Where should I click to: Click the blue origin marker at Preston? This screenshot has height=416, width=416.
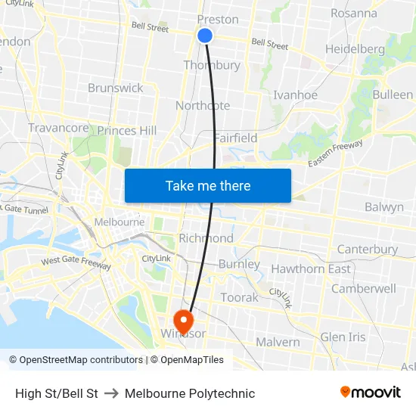205,36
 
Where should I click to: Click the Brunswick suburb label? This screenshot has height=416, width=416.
115,88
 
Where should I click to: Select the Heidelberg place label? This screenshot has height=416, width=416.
355,49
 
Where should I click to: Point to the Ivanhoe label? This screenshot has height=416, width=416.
295,95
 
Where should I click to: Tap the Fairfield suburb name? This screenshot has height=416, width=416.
235,138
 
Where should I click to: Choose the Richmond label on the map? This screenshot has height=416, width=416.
206,238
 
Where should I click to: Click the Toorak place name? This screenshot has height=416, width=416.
239,297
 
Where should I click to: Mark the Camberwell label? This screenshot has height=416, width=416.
364,288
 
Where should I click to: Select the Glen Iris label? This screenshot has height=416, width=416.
343,337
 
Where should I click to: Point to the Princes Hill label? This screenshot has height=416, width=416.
127,131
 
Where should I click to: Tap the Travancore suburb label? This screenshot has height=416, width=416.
58,128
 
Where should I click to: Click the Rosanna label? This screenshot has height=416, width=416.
353,13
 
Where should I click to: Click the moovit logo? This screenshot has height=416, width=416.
371,393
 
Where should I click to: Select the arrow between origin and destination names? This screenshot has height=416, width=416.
111,393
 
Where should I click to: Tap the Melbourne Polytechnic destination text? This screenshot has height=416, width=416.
190,393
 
